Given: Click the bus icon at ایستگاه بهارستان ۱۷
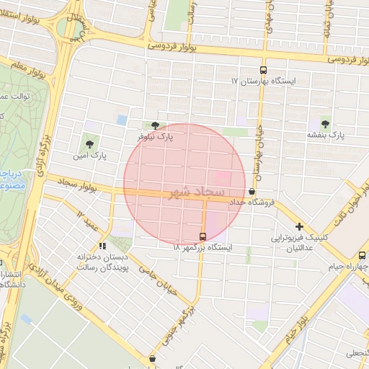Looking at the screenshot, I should tap(263, 71).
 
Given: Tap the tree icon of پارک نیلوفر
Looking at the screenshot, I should tap(155, 125).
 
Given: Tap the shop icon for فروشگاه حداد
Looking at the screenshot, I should tap(252, 192).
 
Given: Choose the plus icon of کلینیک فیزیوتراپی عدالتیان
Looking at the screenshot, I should tap(299, 226).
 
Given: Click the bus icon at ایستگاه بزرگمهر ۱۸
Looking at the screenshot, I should tap(203, 236).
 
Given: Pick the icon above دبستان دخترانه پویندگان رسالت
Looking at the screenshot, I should tap(102, 246).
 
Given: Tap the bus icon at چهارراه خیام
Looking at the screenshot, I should tap(362, 254).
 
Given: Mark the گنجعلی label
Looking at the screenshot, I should tap(355, 353).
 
